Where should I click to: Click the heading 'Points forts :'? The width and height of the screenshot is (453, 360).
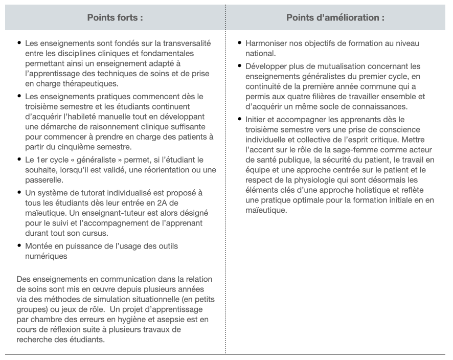(115, 17)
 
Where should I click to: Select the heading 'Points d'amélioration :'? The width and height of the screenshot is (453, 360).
(335, 17)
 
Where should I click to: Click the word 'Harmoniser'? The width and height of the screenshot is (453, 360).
(267, 43)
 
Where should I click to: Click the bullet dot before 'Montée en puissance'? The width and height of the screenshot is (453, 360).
(19, 245)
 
